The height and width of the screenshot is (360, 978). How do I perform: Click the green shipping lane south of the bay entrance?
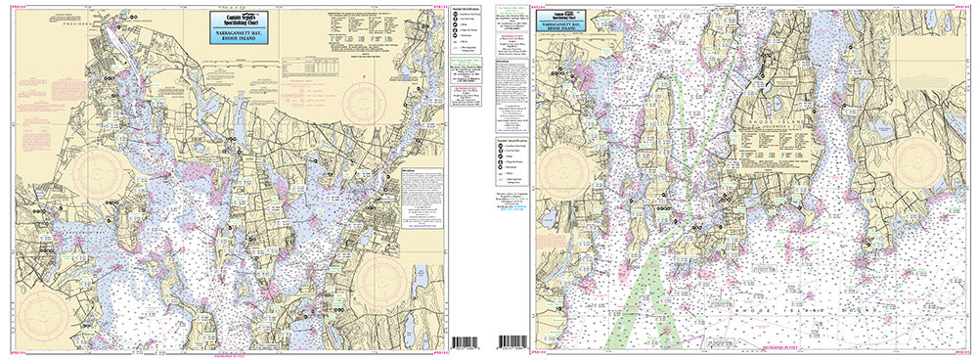point(635,293)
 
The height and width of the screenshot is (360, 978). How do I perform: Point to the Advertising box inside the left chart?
point(419,191)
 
